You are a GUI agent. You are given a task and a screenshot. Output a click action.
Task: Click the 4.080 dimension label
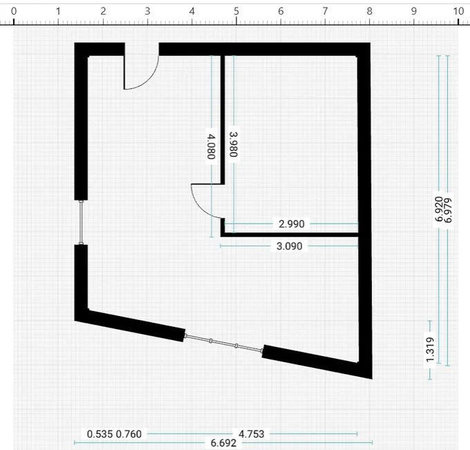(211, 147)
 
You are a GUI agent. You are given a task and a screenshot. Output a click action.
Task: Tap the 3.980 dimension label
(234, 144)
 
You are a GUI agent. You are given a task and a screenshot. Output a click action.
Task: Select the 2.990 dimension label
(292, 224)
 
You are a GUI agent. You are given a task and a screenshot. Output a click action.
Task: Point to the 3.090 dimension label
(289, 246)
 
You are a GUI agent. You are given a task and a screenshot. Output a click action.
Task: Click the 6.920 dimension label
(439, 209)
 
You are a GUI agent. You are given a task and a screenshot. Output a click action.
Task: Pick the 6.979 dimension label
(448, 211)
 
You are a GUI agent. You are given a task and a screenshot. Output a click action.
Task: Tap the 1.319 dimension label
(430, 350)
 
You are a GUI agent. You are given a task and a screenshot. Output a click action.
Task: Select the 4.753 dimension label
(251, 434)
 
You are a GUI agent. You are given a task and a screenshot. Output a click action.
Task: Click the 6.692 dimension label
(224, 443)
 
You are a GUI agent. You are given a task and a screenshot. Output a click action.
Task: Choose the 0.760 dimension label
(129, 434)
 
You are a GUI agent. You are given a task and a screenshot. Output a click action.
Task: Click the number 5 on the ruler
(236, 11)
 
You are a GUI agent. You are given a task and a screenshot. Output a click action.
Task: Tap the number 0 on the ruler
(14, 11)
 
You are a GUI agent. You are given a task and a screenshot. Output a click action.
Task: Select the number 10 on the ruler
(458, 11)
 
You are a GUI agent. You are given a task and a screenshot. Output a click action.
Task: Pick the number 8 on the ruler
(369, 11)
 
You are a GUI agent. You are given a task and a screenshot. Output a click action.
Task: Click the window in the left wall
(81, 223)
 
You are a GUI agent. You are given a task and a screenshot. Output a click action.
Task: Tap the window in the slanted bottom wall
(224, 343)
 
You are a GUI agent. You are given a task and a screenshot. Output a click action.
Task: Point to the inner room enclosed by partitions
(291, 144)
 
